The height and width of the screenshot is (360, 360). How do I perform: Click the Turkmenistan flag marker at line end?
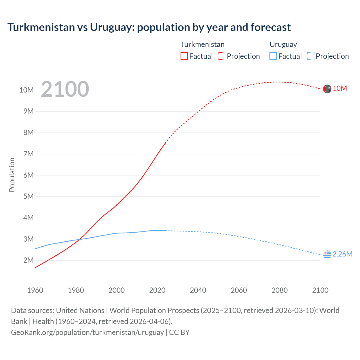tap(327, 89)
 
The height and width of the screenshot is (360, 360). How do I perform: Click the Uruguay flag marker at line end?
tap(327, 255)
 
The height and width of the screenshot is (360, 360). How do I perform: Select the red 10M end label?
tap(340, 89)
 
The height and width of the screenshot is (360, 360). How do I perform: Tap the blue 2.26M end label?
tap(342, 254)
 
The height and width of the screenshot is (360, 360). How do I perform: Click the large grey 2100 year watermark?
tap(65, 89)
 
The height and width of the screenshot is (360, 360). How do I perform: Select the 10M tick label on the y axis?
tap(27, 90)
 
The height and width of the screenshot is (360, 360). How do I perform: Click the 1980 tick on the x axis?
tap(76, 290)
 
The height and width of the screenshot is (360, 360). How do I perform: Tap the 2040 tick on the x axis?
tap(198, 290)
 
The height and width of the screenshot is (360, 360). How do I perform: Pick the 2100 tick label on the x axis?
tap(320, 290)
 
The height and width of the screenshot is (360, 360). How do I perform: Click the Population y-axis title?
tap(12, 175)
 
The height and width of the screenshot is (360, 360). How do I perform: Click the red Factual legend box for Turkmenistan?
tap(184, 56)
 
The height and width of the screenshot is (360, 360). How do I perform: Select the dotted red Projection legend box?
tap(222, 56)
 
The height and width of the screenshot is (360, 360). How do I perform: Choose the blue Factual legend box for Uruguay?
tap(273, 56)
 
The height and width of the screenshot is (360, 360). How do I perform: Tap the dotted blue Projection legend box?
tap(311, 56)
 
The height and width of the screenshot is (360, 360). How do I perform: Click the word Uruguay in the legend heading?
tap(283, 44)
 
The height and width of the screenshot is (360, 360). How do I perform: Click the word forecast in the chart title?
tap(271, 27)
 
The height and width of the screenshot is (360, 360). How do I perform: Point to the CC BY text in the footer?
tap(179, 332)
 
